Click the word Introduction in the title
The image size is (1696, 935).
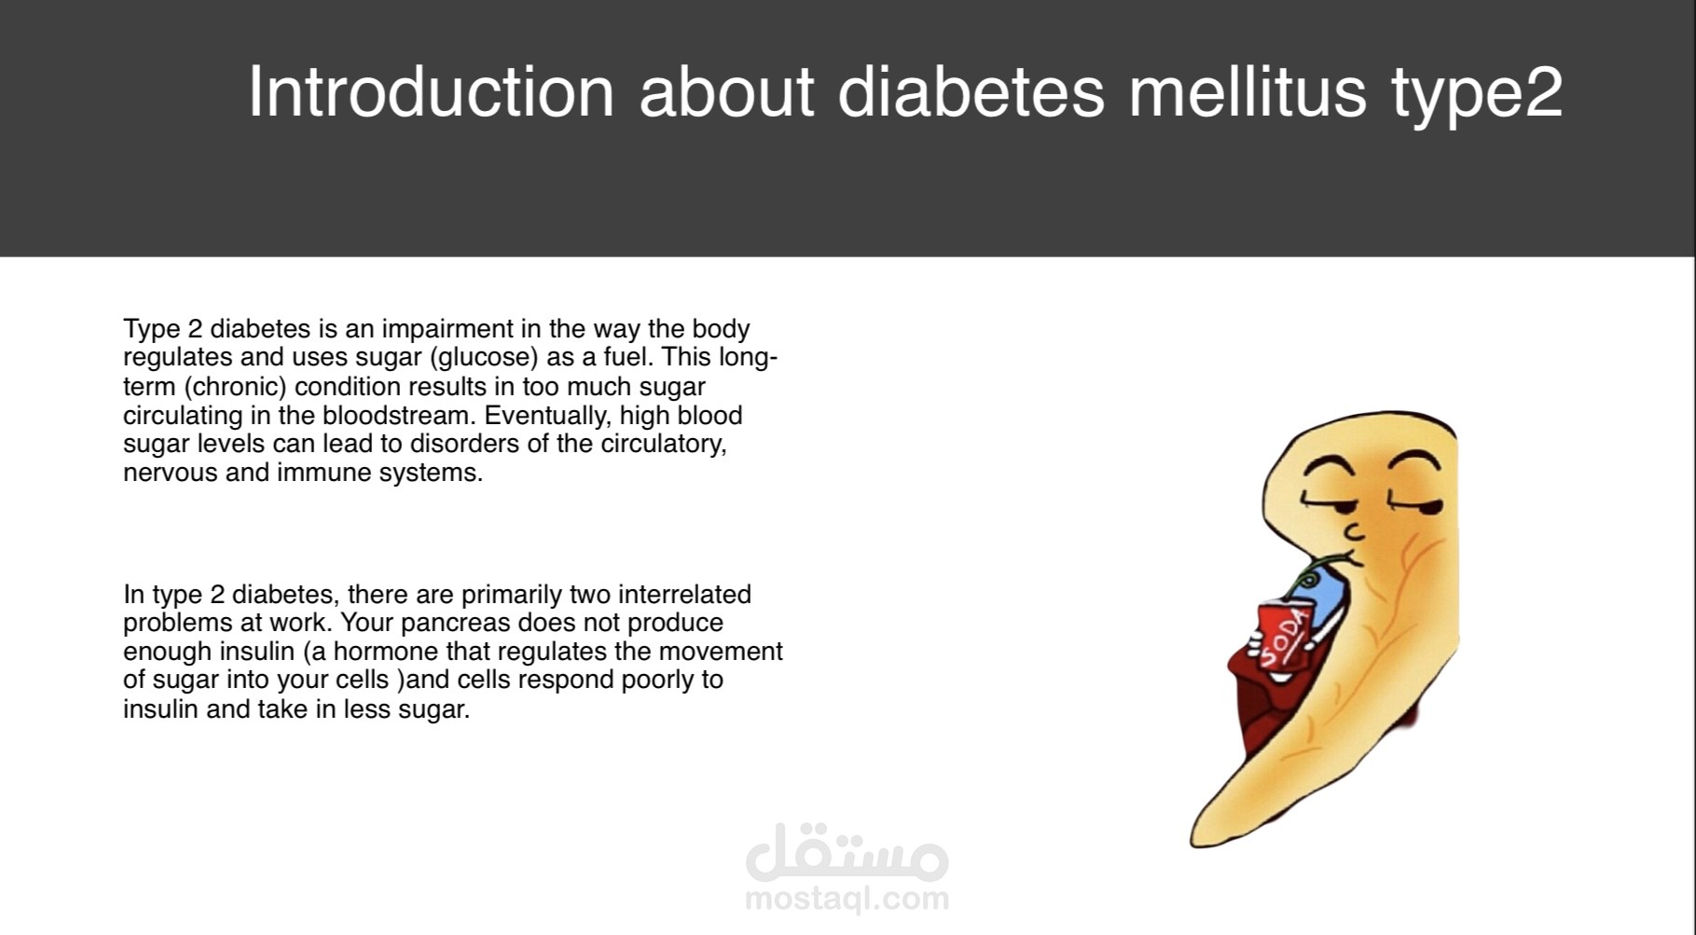[431, 91]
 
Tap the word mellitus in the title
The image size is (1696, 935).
[1248, 91]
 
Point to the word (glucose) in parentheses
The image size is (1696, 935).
[484, 358]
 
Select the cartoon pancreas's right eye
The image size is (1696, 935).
[1417, 504]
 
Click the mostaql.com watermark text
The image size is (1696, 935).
[848, 899]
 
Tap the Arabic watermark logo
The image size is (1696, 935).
[848, 852]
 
